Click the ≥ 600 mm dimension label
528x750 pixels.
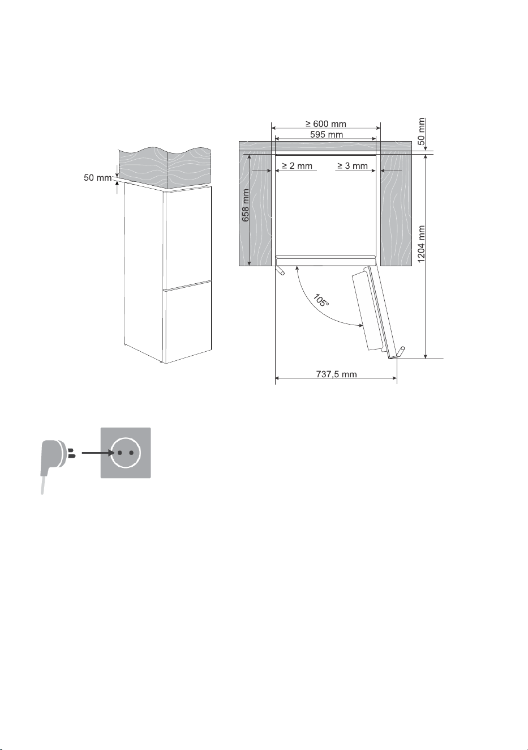(325, 124)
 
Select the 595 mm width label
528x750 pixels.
(326, 135)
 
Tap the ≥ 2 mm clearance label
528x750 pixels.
(297, 166)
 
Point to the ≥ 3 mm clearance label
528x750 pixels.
(353, 166)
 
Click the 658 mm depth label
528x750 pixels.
(246, 205)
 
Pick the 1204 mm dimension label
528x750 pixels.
(421, 244)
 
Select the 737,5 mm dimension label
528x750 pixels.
(336, 374)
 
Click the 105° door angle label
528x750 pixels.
(321, 300)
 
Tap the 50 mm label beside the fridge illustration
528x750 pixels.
(98, 178)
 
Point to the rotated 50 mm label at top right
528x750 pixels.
(422, 131)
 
